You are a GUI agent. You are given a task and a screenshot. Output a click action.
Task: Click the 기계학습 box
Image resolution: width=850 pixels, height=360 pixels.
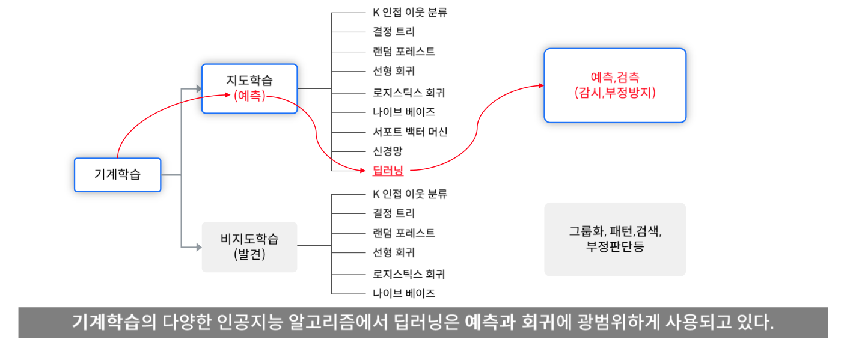pyautogui.click(x=117, y=175)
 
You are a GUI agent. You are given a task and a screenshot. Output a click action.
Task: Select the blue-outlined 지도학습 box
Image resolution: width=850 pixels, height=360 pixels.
pyautogui.click(x=249, y=88)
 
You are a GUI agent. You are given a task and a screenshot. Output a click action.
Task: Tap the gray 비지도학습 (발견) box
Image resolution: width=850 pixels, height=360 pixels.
pyautogui.click(x=249, y=246)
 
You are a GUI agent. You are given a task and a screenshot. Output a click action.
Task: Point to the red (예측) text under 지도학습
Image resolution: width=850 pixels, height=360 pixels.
pyautogui.click(x=249, y=96)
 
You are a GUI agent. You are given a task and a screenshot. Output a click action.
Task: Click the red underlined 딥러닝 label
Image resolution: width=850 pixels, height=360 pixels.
pyautogui.click(x=388, y=171)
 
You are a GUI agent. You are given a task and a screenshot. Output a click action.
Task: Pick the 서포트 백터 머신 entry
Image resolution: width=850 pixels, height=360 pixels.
pyautogui.click(x=410, y=132)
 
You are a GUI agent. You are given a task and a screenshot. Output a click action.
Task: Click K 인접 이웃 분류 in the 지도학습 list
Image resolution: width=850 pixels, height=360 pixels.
pyautogui.click(x=409, y=12)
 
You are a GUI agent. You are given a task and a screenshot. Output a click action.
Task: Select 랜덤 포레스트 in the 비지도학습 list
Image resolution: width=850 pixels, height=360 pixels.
pyautogui.click(x=403, y=233)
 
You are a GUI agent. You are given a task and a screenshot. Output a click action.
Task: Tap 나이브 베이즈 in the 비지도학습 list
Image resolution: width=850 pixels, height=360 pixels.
pyautogui.click(x=403, y=293)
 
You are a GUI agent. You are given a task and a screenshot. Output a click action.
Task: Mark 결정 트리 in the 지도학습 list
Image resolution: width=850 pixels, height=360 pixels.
pyautogui.click(x=393, y=31)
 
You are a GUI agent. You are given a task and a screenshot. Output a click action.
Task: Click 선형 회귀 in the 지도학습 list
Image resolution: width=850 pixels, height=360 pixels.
pyautogui.click(x=393, y=71)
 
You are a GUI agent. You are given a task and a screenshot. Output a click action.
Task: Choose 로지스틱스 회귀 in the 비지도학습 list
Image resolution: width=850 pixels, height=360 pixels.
pyautogui.click(x=409, y=274)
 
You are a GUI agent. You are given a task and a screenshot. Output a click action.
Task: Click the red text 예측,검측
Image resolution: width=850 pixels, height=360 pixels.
pyautogui.click(x=615, y=77)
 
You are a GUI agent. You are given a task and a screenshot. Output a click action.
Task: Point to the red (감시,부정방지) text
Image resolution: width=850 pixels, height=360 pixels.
pyautogui.click(x=615, y=93)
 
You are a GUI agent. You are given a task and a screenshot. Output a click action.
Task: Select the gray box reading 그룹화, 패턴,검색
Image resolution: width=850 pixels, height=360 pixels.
pyautogui.click(x=615, y=239)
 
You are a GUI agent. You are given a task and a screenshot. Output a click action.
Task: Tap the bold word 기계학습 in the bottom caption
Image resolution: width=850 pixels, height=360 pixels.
pyautogui.click(x=106, y=323)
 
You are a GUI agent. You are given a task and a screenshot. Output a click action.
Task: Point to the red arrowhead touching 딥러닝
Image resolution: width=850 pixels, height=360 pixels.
pyautogui.click(x=362, y=171)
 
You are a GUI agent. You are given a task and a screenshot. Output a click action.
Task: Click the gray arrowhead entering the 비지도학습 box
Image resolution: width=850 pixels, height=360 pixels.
pyautogui.click(x=198, y=246)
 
